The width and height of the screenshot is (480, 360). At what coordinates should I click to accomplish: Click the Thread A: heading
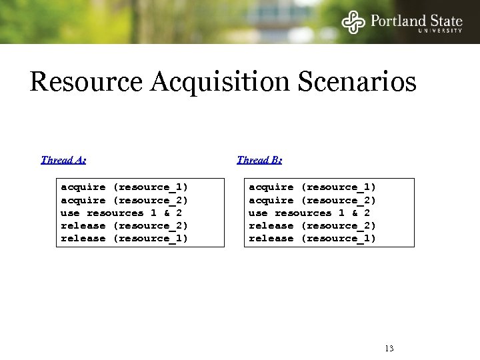(x=63, y=160)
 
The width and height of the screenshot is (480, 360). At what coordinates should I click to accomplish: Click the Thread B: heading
(x=259, y=160)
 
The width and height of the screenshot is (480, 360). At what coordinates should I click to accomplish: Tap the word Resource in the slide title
(x=86, y=83)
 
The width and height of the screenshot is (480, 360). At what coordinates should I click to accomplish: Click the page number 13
(x=389, y=348)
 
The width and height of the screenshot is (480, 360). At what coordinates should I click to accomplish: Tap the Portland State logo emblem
(x=353, y=22)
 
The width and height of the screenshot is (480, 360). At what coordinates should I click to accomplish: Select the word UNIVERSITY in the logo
(x=440, y=31)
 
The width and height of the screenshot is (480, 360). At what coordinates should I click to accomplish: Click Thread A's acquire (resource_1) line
(x=125, y=187)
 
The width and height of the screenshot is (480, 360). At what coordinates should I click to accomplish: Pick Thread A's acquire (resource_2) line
(x=125, y=200)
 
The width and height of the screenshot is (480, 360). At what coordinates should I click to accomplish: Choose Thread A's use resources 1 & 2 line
(x=121, y=213)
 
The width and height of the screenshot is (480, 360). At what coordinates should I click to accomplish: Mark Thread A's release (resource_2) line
(x=125, y=225)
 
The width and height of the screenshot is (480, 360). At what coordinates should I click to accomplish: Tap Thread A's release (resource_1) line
(x=125, y=238)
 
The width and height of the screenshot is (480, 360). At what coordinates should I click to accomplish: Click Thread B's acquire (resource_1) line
(x=313, y=187)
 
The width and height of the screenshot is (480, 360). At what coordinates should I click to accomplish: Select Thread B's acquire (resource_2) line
(x=313, y=200)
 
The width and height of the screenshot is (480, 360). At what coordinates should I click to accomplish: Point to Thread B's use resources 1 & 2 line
(x=309, y=213)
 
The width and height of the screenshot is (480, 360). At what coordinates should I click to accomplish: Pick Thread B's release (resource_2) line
(x=313, y=225)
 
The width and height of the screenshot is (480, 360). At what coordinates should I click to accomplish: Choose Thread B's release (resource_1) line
(x=313, y=238)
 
